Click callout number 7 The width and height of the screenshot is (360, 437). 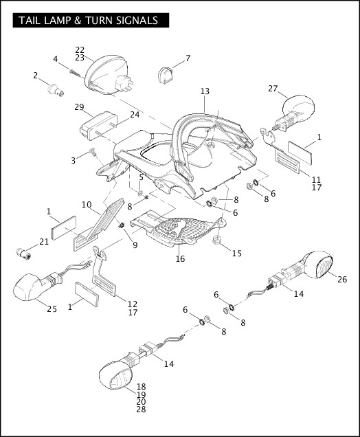[x=188, y=58]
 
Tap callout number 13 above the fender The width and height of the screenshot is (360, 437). [x=205, y=91]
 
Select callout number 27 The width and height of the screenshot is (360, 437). [x=273, y=89]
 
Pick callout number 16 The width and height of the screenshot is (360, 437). [x=180, y=258]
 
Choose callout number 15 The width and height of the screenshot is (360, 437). [x=236, y=253]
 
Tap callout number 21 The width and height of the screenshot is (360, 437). [x=44, y=241]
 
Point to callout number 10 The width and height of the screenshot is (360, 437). [x=87, y=204]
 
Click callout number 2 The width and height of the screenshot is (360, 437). [x=35, y=75]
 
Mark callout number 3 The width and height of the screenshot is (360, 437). [x=74, y=160]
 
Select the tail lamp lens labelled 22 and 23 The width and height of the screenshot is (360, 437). [x=103, y=72]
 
